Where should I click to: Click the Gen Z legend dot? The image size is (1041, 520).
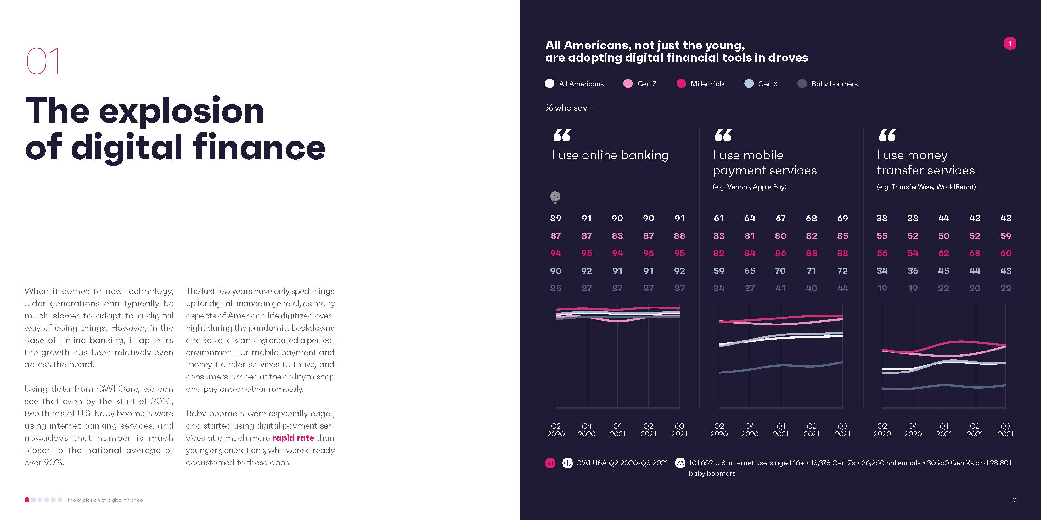(x=627, y=84)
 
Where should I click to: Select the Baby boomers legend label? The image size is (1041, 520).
(x=834, y=84)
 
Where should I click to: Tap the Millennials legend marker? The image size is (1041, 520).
(x=681, y=84)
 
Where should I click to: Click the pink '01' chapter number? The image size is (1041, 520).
(x=43, y=61)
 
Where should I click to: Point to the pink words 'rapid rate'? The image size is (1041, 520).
(x=293, y=438)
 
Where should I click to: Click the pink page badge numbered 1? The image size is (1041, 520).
(x=1010, y=43)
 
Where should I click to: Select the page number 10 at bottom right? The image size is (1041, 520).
(x=1013, y=500)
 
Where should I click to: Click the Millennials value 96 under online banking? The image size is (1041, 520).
(x=648, y=253)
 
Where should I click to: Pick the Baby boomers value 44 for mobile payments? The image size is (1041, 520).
(x=842, y=288)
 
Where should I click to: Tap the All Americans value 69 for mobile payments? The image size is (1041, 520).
(x=842, y=218)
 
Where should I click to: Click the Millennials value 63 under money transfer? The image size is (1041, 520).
(x=974, y=253)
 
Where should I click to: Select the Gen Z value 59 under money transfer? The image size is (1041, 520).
(x=1005, y=236)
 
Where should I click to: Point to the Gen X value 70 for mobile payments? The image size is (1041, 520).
(x=780, y=270)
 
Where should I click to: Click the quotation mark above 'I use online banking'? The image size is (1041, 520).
(x=562, y=135)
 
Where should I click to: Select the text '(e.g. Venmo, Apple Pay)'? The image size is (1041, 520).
(x=749, y=187)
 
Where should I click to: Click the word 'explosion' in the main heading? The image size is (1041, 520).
(x=182, y=111)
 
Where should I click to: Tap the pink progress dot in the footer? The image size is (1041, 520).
(x=27, y=500)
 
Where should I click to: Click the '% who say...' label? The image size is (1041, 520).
(x=569, y=108)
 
